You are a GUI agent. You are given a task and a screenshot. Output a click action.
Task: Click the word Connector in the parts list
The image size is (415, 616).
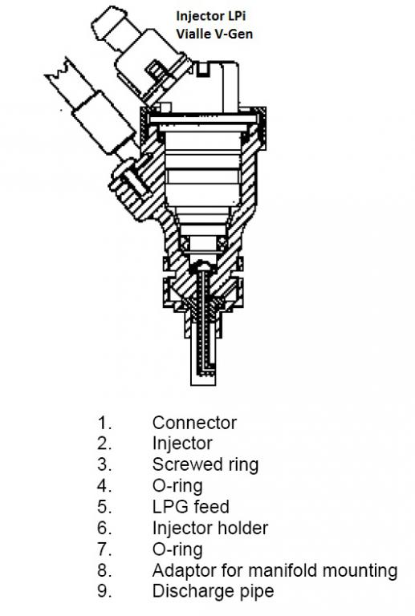tap(194, 423)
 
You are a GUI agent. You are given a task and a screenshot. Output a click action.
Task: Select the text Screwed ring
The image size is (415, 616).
tap(205, 465)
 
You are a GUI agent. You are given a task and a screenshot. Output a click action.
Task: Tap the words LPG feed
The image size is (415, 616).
tap(190, 507)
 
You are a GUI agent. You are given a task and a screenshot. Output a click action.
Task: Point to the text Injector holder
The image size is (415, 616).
tap(210, 528)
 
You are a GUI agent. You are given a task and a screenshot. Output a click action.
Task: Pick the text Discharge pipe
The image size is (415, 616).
tap(214, 592)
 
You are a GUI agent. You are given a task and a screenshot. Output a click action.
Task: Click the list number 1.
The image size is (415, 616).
tap(104, 423)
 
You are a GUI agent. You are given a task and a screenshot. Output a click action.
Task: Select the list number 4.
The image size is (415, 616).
tap(104, 486)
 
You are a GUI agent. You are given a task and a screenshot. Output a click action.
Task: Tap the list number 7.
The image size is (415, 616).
tap(104, 549)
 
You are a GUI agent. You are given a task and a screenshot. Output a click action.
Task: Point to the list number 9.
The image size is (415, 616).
tap(104, 592)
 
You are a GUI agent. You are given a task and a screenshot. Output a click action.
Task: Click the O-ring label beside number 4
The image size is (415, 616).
tap(177, 486)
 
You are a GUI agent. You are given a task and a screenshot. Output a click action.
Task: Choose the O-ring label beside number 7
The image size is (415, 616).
tap(177, 549)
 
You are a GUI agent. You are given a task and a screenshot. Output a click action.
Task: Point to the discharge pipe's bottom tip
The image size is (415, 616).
tap(203, 385)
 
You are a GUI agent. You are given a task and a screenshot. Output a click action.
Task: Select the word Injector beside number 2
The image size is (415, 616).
tap(182, 444)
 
